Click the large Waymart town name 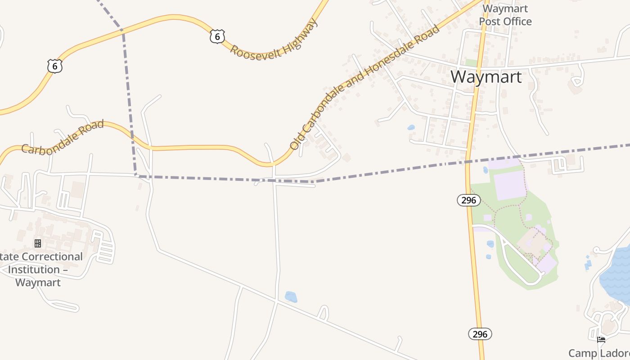click(x=486, y=76)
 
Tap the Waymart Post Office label click(x=505, y=15)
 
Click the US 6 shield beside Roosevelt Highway click(x=217, y=36)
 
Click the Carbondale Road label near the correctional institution click(x=63, y=137)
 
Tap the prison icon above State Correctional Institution click(x=38, y=243)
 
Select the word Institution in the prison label click(x=34, y=270)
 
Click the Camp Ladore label click(x=598, y=353)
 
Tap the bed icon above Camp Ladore click(x=601, y=340)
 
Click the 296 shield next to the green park click(x=469, y=200)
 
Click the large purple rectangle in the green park click(x=509, y=185)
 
